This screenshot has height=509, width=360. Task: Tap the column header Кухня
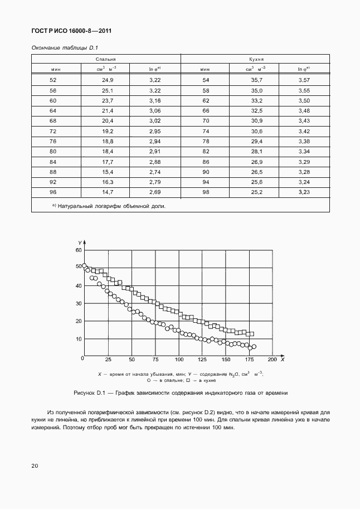click(x=255, y=59)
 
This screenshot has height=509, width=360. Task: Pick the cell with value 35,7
click(x=256, y=80)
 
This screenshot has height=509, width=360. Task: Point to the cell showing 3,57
click(x=304, y=80)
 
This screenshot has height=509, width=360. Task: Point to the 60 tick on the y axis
click(x=79, y=250)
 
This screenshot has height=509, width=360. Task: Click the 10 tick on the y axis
click(x=79, y=339)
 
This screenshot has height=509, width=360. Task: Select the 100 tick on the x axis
click(x=179, y=360)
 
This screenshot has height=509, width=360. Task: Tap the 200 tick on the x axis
click(x=272, y=360)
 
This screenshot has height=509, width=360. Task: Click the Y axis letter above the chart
click(x=80, y=242)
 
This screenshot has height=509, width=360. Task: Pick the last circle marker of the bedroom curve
click(x=254, y=347)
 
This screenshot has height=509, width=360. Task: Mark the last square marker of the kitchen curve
click(x=251, y=334)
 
